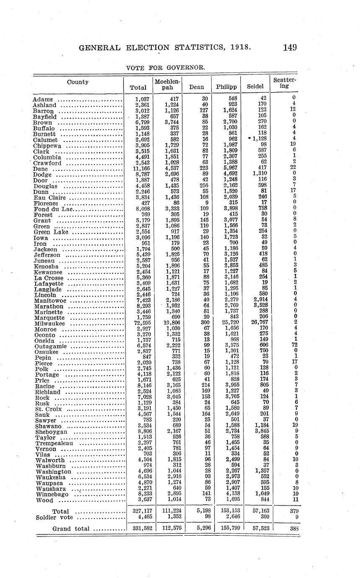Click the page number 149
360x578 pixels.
[x=290, y=47]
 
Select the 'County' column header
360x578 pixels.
[x=78, y=82]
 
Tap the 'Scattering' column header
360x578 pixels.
[x=285, y=83]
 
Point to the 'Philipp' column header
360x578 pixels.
[x=226, y=87]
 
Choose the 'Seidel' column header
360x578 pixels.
[x=255, y=87]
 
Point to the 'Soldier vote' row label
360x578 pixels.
[x=55, y=518]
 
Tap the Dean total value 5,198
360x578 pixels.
[x=200, y=511]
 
